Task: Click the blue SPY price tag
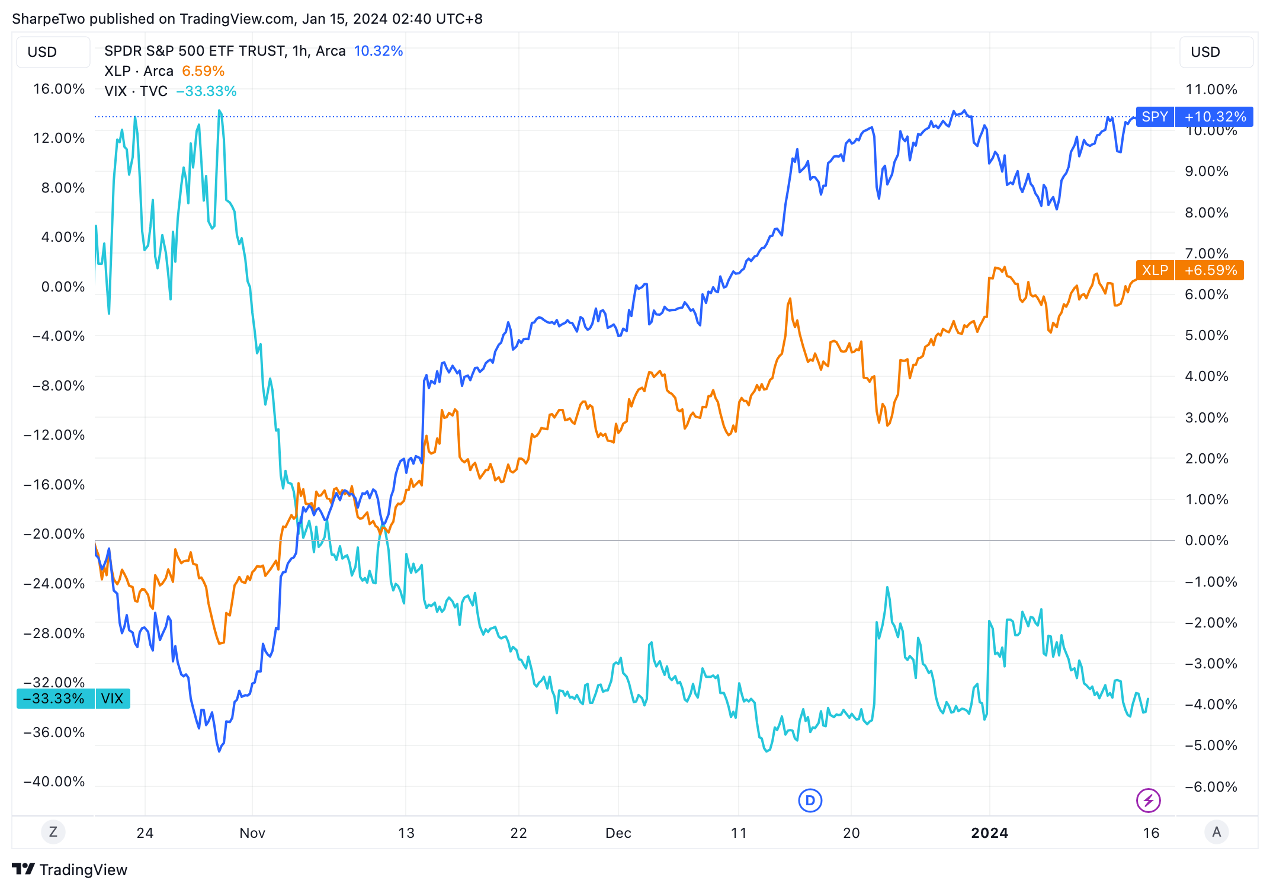(x=1194, y=117)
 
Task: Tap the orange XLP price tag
(x=1189, y=270)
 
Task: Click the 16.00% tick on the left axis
(x=59, y=89)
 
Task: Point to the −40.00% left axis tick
(x=54, y=782)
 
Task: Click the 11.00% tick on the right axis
(x=1211, y=89)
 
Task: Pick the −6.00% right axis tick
(x=1211, y=787)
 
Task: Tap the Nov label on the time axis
(x=252, y=833)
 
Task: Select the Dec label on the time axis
(x=618, y=833)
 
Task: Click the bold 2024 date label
(x=989, y=833)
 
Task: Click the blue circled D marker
(x=810, y=801)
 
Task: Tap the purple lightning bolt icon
(x=1148, y=801)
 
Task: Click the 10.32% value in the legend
(x=378, y=51)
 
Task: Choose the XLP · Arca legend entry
(x=139, y=71)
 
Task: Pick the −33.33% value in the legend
(x=206, y=91)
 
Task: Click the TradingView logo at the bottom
(x=70, y=869)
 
